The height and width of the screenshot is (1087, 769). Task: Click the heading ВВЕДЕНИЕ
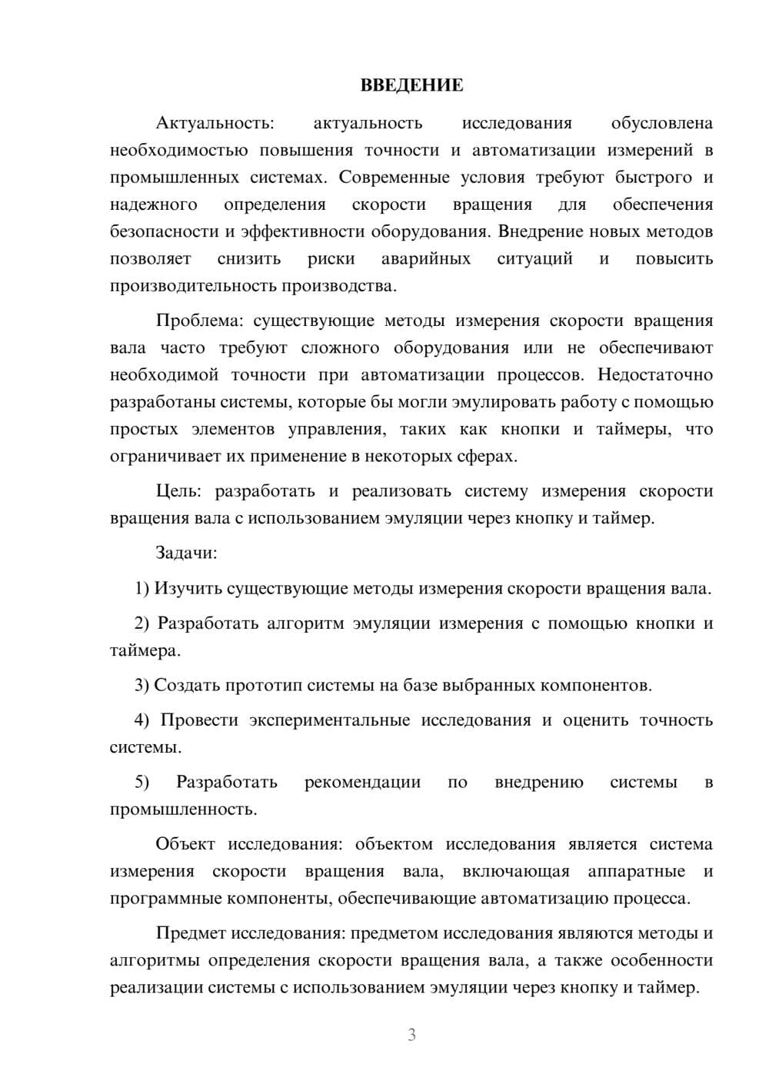[411, 85]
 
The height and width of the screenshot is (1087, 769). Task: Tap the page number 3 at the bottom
[411, 1035]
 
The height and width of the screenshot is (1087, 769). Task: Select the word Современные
[394, 178]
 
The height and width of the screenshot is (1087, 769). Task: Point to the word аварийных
[426, 259]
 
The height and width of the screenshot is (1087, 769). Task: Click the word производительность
[194, 286]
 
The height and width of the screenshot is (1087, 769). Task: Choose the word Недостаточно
[655, 375]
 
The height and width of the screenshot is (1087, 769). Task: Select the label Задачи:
[186, 553]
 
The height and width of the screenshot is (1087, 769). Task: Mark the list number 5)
[142, 783]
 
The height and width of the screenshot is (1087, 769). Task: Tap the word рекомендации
[362, 783]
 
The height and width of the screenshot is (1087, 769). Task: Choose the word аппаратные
[636, 872]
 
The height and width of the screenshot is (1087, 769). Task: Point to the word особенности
[662, 961]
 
